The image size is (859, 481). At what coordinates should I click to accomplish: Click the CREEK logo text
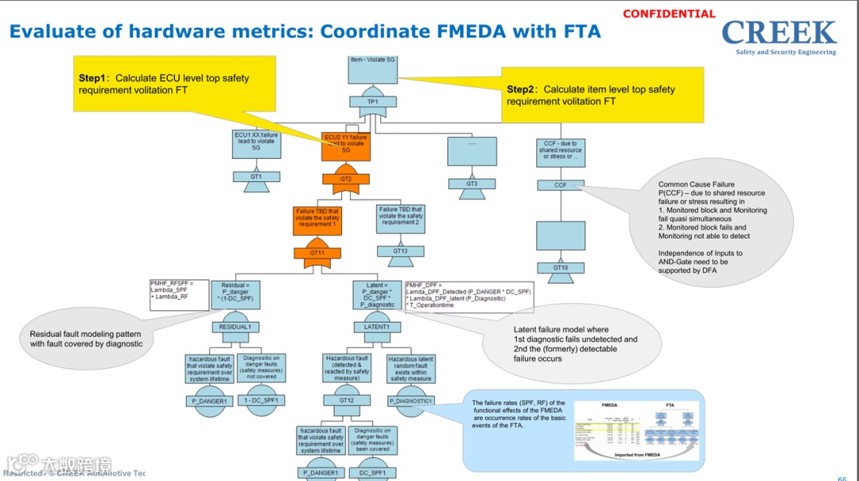779,33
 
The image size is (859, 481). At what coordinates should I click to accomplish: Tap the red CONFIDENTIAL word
669,14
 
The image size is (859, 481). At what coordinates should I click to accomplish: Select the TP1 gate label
372,102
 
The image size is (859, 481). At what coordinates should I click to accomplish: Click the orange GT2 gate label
346,179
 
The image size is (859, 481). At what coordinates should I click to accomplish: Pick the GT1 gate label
256,176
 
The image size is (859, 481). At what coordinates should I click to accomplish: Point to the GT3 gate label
472,184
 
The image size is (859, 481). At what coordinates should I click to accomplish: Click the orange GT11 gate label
317,253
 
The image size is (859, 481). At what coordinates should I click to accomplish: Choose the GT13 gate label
400,251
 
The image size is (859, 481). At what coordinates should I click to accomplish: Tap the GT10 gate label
560,268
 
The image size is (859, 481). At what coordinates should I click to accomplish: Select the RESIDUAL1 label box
235,327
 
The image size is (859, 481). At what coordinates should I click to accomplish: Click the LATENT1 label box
377,327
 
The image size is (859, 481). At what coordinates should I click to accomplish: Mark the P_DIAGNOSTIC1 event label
411,401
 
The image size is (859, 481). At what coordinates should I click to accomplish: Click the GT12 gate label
347,400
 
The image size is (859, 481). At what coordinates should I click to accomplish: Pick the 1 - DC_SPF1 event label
260,401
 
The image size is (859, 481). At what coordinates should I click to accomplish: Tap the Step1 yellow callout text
164,84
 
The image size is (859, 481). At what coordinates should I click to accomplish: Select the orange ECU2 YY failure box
346,144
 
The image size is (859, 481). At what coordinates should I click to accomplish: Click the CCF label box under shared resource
560,185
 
